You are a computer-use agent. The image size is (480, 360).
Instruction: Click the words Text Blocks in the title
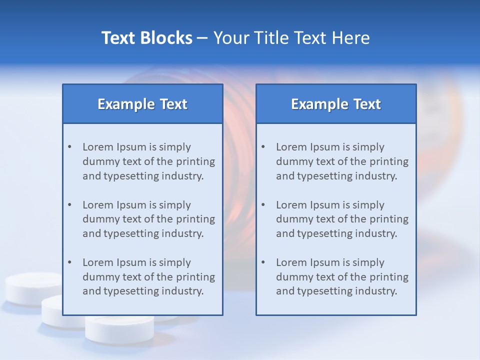tap(146, 38)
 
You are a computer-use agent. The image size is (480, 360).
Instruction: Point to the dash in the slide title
tap(202, 38)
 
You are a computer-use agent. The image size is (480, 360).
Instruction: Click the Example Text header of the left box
tap(142, 104)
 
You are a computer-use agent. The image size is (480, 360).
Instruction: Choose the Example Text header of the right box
tap(336, 104)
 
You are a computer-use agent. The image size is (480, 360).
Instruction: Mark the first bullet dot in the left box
tap(69, 147)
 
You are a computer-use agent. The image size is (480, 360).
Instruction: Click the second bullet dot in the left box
tap(69, 205)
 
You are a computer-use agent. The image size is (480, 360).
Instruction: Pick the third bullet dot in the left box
tap(69, 262)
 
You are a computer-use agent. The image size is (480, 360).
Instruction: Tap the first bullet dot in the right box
tap(263, 147)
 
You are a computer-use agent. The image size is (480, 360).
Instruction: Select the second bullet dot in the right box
tap(263, 205)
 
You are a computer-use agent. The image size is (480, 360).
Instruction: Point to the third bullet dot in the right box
tap(263, 262)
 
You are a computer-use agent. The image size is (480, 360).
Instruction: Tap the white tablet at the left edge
tap(30, 287)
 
